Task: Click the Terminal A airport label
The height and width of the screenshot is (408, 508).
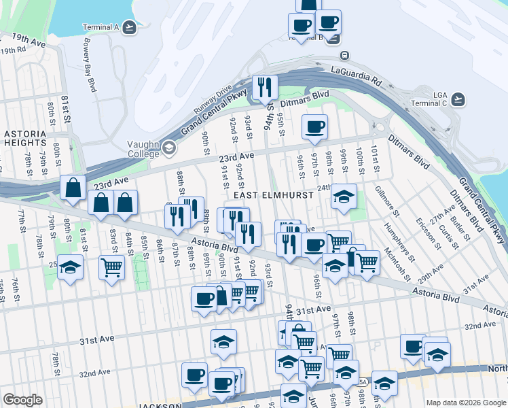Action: click(101, 27)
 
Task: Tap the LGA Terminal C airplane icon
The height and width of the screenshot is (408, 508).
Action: click(459, 99)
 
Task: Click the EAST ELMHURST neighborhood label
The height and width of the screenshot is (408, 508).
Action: click(274, 195)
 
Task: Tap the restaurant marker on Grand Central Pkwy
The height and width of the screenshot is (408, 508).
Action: click(264, 86)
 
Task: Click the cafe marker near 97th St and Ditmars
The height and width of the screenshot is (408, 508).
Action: click(314, 126)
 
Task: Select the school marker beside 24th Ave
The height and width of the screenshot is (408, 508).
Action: click(344, 197)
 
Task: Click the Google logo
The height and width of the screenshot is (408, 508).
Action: click(22, 399)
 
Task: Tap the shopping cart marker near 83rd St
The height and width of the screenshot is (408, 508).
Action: click(111, 267)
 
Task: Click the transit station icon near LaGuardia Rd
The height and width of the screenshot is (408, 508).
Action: click(344, 55)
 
